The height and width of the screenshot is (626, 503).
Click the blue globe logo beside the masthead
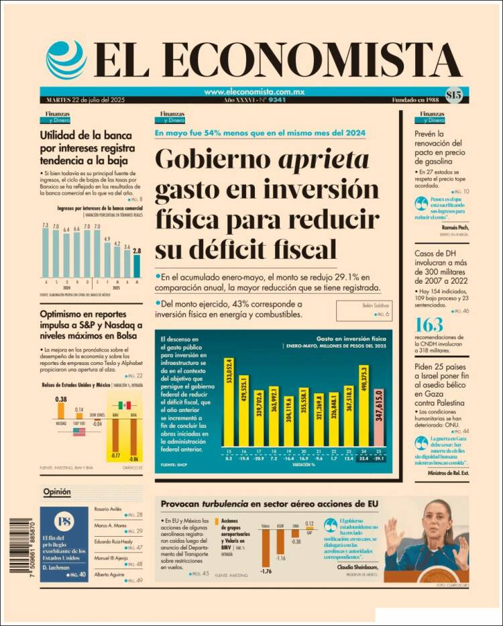coord(66,60)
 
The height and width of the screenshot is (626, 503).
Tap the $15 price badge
coord(453,95)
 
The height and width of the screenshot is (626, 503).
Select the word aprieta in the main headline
coord(325,160)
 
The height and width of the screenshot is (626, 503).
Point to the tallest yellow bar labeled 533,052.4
coord(229,411)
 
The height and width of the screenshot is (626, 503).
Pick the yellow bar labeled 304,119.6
coord(288,421)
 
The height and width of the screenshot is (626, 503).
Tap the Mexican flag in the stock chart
coord(123,406)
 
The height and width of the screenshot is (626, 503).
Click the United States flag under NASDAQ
coord(79,432)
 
